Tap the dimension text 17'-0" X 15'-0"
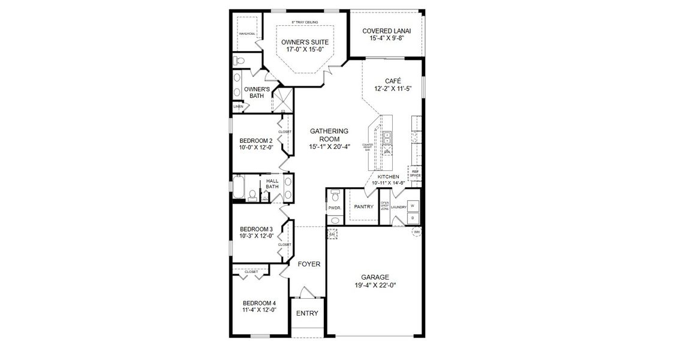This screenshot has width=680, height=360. click(x=305, y=50)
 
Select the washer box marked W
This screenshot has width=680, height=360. click(x=413, y=206)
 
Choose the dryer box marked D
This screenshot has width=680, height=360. click(x=413, y=217)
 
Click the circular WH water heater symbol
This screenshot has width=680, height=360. click(x=416, y=232)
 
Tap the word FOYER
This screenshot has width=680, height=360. click(x=308, y=264)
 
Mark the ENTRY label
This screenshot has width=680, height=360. click(x=307, y=313)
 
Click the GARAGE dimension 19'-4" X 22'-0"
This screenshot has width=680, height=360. click(x=375, y=286)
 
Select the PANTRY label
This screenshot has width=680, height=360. click(x=363, y=207)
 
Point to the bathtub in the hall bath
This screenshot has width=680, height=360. click(x=239, y=187)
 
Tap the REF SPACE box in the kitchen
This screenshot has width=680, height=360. click(x=414, y=173)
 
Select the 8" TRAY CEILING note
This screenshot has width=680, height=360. click(x=305, y=22)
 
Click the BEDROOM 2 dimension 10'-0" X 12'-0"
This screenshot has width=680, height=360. click(x=256, y=147)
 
